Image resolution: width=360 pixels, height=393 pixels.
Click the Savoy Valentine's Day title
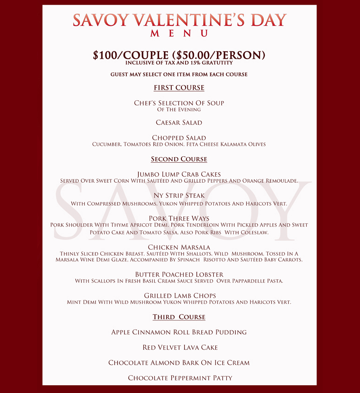[x=180, y=20]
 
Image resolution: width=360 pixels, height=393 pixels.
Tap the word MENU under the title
[x=179, y=33]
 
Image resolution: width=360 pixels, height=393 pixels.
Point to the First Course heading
[x=179, y=88]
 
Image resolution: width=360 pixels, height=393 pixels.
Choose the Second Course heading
[x=179, y=159]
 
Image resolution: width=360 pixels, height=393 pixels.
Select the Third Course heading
[x=179, y=317]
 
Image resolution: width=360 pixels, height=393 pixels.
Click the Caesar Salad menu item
[x=179, y=123]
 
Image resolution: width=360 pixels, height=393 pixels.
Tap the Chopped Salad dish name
[x=179, y=138]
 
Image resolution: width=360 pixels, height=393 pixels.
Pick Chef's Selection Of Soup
[x=179, y=103]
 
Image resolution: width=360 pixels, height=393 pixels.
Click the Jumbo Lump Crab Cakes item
[x=179, y=174]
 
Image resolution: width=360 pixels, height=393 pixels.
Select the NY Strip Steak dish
[x=179, y=196]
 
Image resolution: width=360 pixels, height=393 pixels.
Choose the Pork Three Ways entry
[x=179, y=218]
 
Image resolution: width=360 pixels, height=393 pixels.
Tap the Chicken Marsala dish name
[x=179, y=247]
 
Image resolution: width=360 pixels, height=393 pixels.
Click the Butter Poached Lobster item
[x=179, y=274]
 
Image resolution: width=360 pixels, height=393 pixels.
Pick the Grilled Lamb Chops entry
[x=179, y=295]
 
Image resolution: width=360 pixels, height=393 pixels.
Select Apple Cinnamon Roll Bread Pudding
[x=179, y=332]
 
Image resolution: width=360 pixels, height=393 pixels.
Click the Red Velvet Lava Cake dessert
[x=179, y=347]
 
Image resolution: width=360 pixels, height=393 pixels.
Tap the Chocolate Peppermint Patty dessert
[x=179, y=378]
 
